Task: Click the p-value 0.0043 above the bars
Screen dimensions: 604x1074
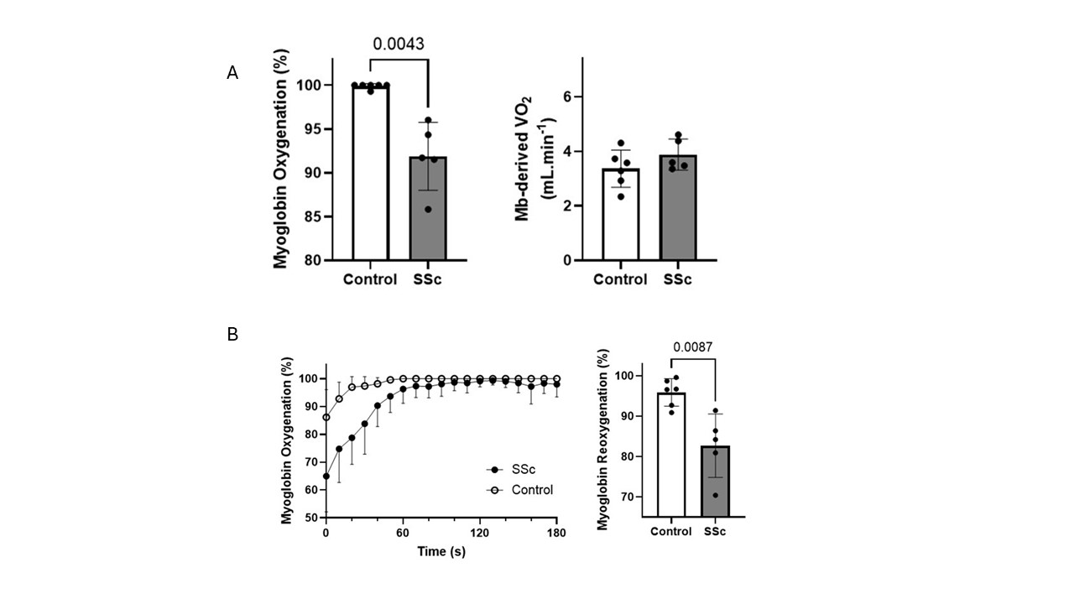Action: click(399, 44)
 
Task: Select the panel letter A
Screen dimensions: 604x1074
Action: click(232, 74)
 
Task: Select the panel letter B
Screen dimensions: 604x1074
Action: click(232, 334)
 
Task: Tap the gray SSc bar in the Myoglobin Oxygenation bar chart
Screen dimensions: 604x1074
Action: click(427, 210)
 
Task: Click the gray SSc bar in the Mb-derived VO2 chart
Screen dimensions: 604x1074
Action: click(678, 209)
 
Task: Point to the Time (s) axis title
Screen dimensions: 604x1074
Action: click(442, 551)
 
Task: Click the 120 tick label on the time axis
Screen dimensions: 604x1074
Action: click(480, 534)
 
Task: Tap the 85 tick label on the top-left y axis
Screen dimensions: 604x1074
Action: click(312, 216)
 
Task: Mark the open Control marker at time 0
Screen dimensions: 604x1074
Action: click(326, 418)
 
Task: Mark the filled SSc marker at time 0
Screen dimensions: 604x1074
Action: click(326, 476)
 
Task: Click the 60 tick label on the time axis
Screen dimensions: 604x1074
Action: click(403, 534)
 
